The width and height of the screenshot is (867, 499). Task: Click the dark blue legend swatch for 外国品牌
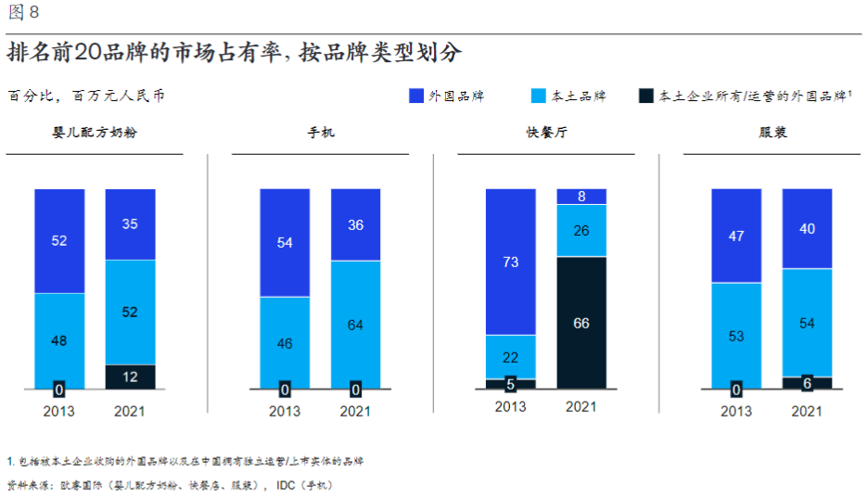pos(416,96)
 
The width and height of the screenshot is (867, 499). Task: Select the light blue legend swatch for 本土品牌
pos(539,96)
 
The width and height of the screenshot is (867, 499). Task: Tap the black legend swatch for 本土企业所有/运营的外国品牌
pos(647,96)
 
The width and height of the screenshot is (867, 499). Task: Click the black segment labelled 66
pos(581,323)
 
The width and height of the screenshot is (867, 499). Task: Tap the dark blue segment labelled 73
pos(510,262)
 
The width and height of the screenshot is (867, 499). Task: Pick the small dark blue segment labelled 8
pos(581,197)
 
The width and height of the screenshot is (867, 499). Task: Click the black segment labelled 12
pos(130,377)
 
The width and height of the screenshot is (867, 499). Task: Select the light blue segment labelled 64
pos(355,325)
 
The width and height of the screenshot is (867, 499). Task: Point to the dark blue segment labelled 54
pos(285,243)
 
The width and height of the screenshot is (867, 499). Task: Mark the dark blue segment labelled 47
pos(736,236)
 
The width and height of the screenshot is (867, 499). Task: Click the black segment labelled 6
pos(807,383)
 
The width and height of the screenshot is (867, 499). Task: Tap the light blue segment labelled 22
pos(510,357)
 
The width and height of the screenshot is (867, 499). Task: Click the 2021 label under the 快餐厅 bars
pos(581,407)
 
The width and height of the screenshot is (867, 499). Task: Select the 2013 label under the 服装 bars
pos(736,411)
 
